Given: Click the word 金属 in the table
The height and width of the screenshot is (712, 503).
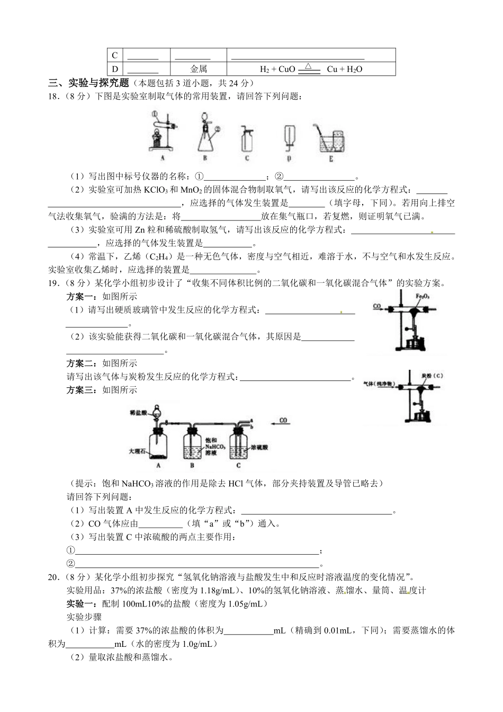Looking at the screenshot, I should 199,69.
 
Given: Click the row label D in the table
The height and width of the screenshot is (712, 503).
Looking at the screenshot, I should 115,69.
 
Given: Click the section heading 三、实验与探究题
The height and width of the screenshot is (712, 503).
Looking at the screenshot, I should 88,83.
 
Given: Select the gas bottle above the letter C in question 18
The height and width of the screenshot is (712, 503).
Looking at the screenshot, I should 247,139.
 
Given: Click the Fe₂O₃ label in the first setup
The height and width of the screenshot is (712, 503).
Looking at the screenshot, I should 422,296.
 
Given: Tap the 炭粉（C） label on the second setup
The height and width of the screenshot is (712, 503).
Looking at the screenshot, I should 432,376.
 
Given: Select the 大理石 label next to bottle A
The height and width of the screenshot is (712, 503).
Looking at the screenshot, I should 137,451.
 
